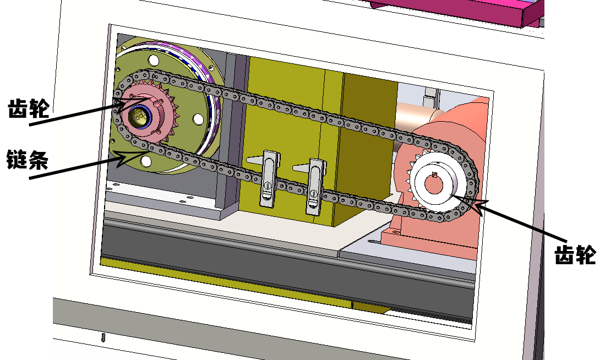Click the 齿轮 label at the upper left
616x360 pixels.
coord(29,109)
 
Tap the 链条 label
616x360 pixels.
coord(28,160)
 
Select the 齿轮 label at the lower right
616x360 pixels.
coord(575,254)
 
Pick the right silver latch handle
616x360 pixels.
coord(315,186)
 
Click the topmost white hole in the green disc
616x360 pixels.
coord(154,61)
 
